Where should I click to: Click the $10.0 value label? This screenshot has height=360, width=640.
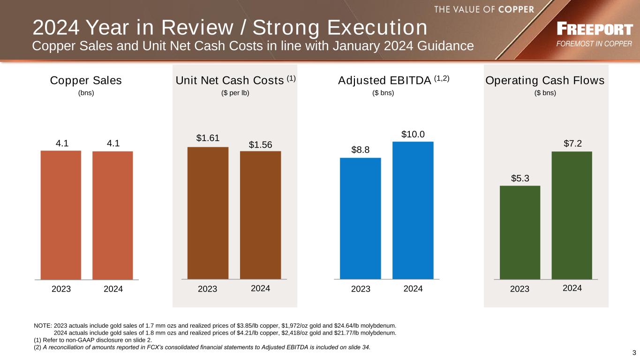click(x=413, y=135)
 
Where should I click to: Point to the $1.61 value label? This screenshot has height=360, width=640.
click(x=208, y=138)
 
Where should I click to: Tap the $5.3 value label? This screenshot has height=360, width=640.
click(x=520, y=178)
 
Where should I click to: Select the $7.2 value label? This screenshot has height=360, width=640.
click(x=572, y=143)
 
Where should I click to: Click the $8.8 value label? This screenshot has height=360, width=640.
click(x=361, y=150)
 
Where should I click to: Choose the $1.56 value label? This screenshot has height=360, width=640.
click(x=260, y=145)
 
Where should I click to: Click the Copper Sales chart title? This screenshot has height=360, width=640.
click(x=86, y=81)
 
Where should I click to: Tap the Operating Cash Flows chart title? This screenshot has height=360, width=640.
click(x=545, y=81)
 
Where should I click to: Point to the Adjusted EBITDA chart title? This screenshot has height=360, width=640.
click(x=384, y=81)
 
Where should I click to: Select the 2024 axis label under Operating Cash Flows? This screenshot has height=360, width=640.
click(x=572, y=288)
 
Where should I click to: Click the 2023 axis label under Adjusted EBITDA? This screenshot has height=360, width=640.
click(x=361, y=289)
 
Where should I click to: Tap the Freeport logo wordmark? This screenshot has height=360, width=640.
click(x=595, y=30)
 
